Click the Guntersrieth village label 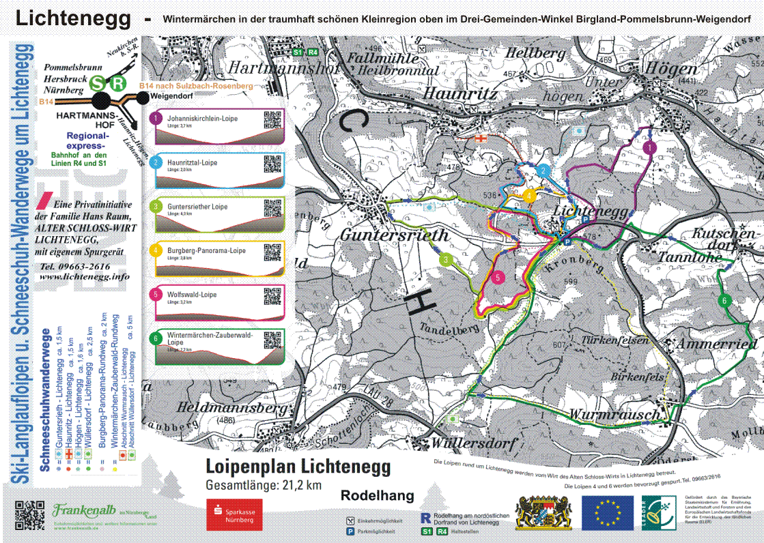(395, 235)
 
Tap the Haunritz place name (460, 93)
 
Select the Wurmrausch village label (615, 414)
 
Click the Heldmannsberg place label (232, 407)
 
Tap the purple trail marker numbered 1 (649, 147)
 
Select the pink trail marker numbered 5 (498, 278)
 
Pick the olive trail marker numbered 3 (445, 259)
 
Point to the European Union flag (607, 513)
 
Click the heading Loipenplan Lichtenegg (298, 467)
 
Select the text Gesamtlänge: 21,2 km (263, 486)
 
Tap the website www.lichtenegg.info (84, 277)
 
